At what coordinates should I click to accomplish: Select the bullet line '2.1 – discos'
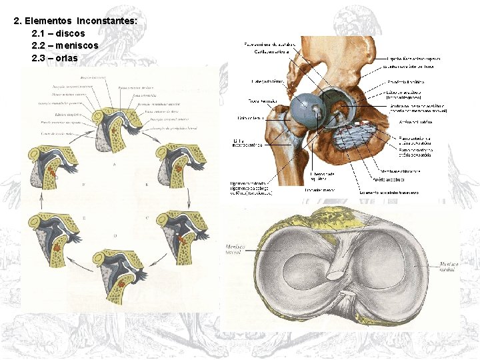[58, 33]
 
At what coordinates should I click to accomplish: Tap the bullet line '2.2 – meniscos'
[65, 45]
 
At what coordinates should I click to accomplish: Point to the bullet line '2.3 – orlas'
[54, 58]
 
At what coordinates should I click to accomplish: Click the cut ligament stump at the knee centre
[335, 273]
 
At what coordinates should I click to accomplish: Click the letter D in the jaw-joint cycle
[115, 236]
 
